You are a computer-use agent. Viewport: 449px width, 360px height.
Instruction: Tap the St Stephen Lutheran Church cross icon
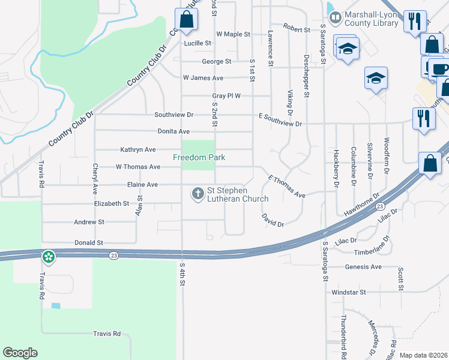[x=197, y=194]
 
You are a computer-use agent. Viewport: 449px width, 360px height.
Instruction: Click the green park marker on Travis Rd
[x=48, y=257]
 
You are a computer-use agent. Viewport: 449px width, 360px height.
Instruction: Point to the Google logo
[x=20, y=353]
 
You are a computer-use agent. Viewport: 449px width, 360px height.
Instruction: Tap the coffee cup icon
[x=439, y=67]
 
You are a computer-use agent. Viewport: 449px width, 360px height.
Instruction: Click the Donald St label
[x=88, y=243]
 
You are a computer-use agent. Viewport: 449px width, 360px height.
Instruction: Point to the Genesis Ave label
[x=363, y=266]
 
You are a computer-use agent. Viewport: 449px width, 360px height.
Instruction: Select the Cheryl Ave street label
[x=95, y=179]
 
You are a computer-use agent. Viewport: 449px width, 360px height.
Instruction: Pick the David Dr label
[x=273, y=220]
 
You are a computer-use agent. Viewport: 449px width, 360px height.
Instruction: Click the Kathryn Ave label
[x=137, y=149]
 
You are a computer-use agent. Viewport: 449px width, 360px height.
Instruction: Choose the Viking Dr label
[x=290, y=103]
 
